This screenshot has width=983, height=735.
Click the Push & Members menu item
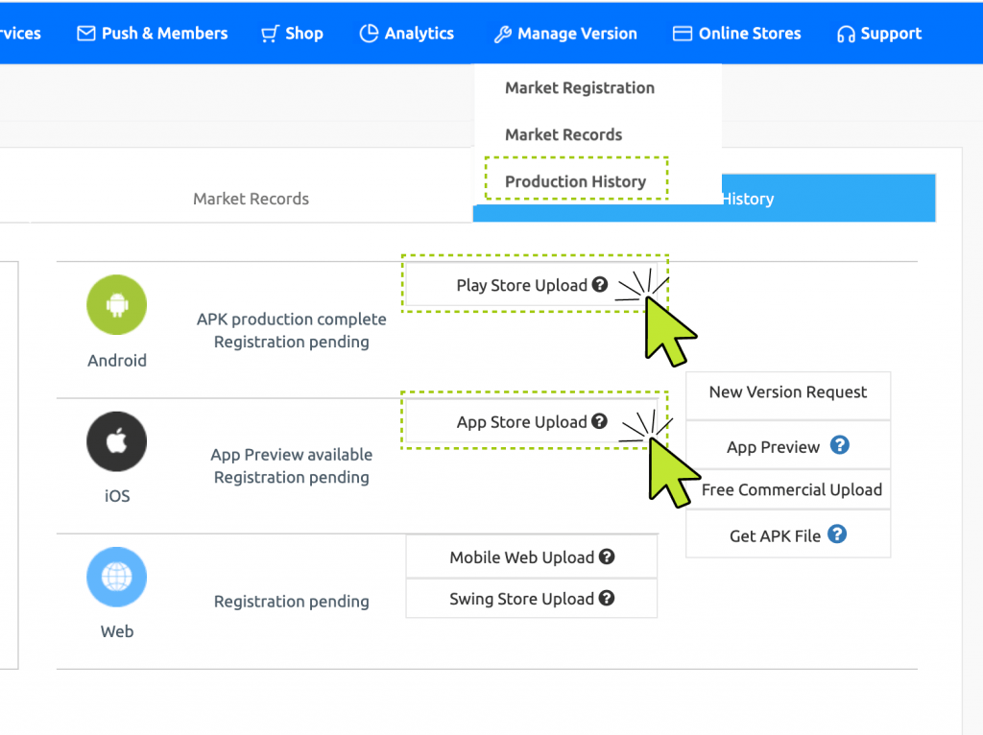pyautogui.click(x=153, y=34)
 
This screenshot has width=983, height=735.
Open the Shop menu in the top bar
pyautogui.click(x=292, y=34)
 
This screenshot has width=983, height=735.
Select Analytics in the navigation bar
pyautogui.click(x=407, y=34)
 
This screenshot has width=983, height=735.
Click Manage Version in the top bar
pyautogui.click(x=565, y=34)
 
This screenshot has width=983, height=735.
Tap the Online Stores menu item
pyautogui.click(x=737, y=34)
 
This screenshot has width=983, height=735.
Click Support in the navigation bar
pyautogui.click(x=879, y=34)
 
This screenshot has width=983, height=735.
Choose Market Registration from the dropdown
pyautogui.click(x=580, y=88)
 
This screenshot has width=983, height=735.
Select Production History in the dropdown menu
pyautogui.click(x=576, y=181)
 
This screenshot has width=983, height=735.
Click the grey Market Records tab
pyautogui.click(x=251, y=199)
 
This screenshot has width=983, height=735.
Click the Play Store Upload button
pyautogui.click(x=531, y=285)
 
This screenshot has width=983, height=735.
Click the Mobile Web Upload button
pyautogui.click(x=531, y=557)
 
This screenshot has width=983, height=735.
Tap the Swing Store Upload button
pyautogui.click(x=531, y=599)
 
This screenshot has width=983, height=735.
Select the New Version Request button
pyautogui.click(x=788, y=392)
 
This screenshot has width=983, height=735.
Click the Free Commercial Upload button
pyautogui.click(x=792, y=489)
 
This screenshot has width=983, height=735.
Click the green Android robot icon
pyautogui.click(x=117, y=305)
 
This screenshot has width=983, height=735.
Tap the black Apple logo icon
pyautogui.click(x=117, y=441)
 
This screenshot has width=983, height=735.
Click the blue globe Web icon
pyautogui.click(x=117, y=578)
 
